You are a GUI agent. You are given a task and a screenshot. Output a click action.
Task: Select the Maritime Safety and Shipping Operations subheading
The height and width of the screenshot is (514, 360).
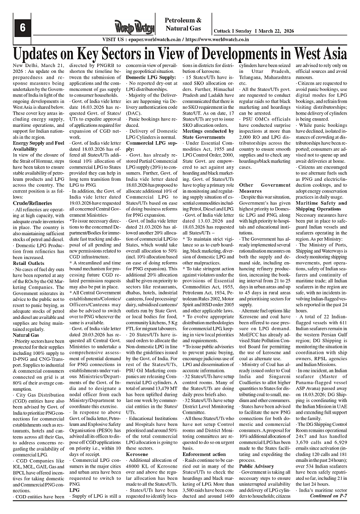[321, 206]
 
